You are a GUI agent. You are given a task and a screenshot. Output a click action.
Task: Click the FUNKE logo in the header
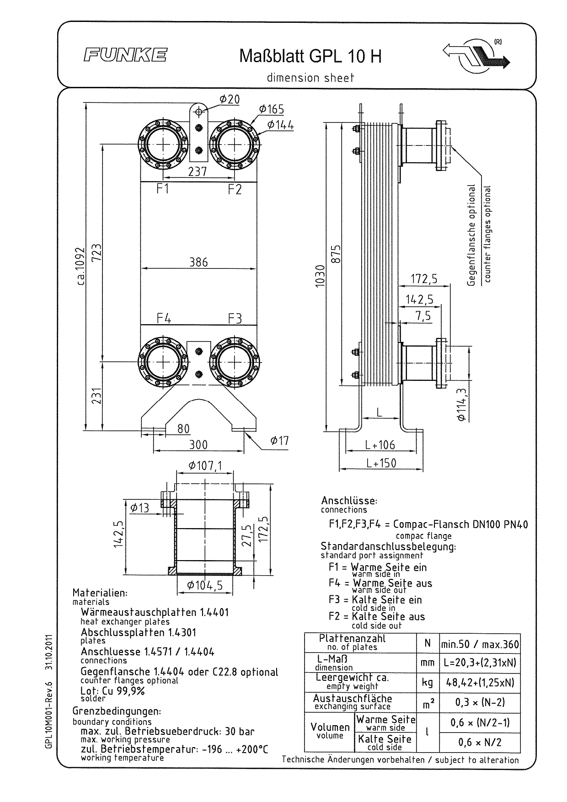(x=125, y=56)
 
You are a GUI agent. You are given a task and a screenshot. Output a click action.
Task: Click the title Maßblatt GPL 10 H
(x=310, y=57)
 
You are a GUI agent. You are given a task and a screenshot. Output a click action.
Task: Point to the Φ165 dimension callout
(x=271, y=109)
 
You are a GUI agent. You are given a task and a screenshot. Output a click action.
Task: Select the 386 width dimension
(x=198, y=262)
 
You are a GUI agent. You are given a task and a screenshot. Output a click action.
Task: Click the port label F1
(x=162, y=188)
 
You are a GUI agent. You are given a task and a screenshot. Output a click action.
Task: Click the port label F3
(x=235, y=318)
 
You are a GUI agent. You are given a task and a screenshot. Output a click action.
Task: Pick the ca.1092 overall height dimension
(x=81, y=266)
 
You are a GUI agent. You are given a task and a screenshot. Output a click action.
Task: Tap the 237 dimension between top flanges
(x=198, y=171)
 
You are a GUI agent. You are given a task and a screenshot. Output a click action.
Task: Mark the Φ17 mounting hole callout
(x=279, y=441)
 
